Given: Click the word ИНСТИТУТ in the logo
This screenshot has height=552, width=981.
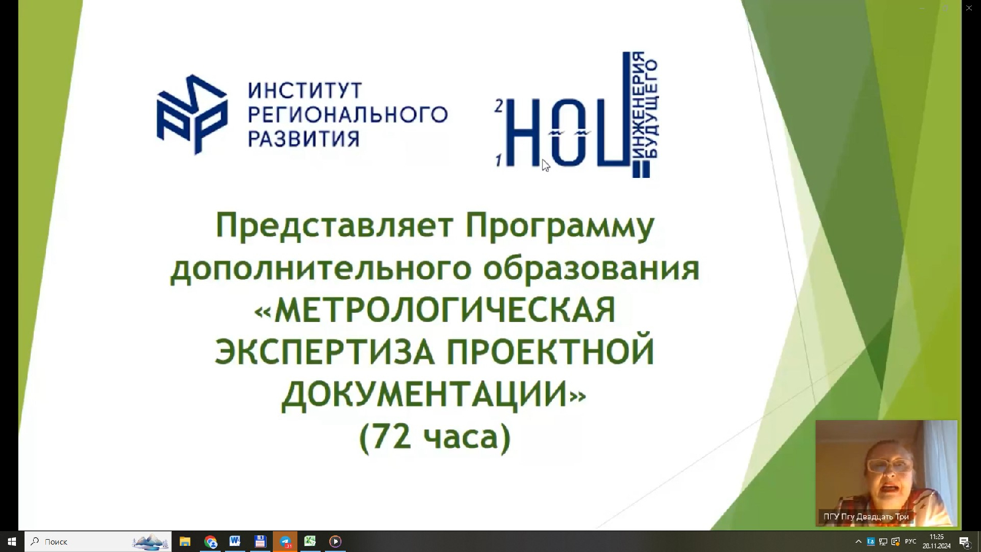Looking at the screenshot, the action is pyautogui.click(x=305, y=90).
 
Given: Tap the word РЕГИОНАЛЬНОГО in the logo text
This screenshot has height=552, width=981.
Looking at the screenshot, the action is pyautogui.click(x=348, y=114).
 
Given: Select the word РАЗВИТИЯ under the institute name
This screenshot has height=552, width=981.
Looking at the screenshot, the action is pyautogui.click(x=303, y=139).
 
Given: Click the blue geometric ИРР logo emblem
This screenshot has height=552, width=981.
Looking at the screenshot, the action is pyautogui.click(x=192, y=114).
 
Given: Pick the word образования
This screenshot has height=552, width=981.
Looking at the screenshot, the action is pyautogui.click(x=591, y=267).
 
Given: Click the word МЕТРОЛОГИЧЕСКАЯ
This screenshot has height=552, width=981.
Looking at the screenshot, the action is pyautogui.click(x=445, y=310).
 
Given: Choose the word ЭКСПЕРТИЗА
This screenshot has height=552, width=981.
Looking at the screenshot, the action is pyautogui.click(x=324, y=352).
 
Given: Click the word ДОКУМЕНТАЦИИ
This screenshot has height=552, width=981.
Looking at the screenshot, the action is pyautogui.click(x=425, y=395).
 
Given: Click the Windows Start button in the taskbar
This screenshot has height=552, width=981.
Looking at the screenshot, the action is pyautogui.click(x=12, y=542).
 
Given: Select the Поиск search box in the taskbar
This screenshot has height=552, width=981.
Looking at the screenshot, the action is pyautogui.click(x=98, y=542).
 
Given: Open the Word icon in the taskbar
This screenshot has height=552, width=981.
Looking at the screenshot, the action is pyautogui.click(x=235, y=542).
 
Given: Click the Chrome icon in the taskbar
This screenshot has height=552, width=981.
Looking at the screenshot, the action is pyautogui.click(x=210, y=542).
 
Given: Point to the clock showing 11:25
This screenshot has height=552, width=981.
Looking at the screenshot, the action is pyautogui.click(x=936, y=537).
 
